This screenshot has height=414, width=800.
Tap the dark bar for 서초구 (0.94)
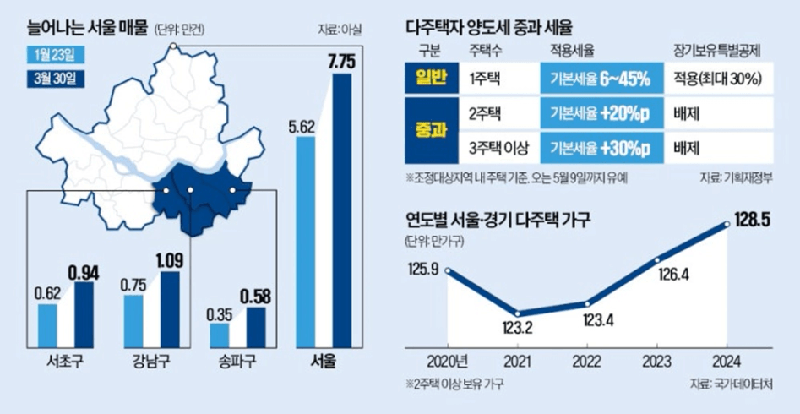tap(84, 313)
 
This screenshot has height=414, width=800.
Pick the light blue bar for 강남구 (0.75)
tap(133, 320)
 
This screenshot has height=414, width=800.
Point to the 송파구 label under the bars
tap(235, 366)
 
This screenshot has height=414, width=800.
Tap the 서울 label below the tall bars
tap(324, 366)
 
